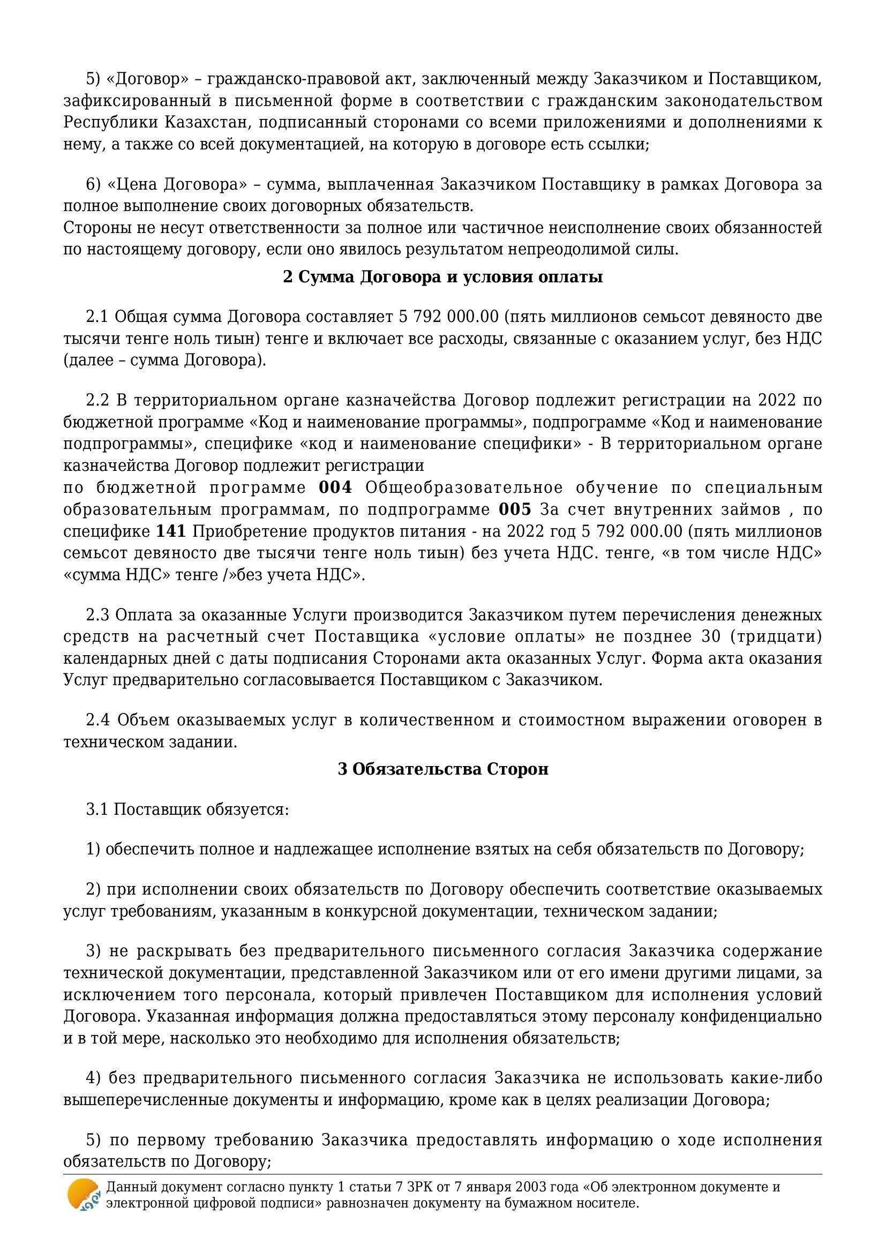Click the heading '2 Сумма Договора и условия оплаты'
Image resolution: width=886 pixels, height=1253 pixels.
pos(442,277)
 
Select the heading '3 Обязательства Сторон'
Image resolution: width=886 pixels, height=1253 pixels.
pos(443,769)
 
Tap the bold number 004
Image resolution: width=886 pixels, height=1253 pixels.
pos(335,487)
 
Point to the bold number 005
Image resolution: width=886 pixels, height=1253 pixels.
pos(514,509)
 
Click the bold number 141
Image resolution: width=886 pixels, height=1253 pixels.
pos(171,531)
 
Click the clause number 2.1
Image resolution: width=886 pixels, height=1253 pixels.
pos(98,317)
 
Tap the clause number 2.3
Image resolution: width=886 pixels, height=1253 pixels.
pos(98,616)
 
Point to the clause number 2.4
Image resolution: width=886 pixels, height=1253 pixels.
pos(98,721)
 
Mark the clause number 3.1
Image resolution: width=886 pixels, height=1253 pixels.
pos(98,809)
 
